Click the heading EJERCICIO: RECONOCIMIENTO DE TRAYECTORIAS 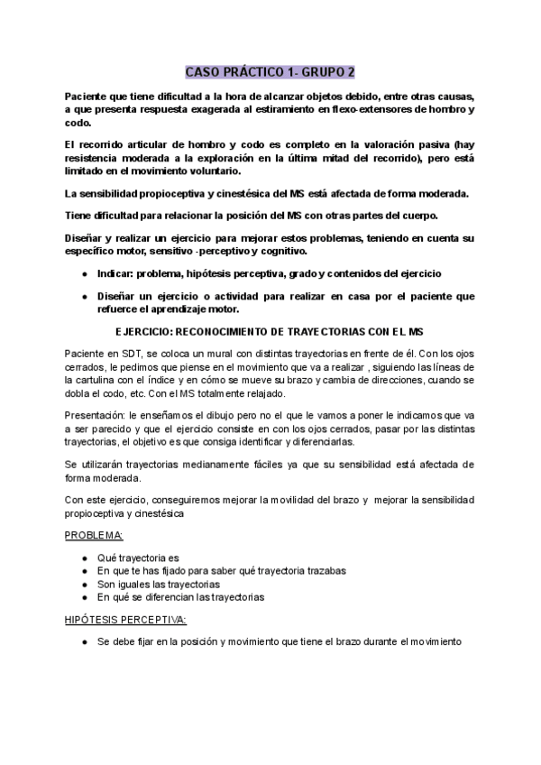click(270, 331)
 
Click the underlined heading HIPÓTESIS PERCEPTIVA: click(125, 619)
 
